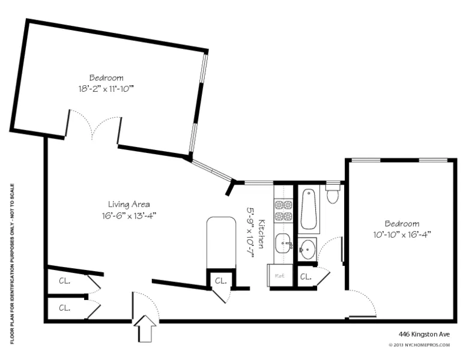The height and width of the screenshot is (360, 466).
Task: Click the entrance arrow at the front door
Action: pos(145,329)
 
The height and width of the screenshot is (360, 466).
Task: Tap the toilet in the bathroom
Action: pos(333,195)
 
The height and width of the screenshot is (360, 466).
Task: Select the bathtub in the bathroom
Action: pos(309,209)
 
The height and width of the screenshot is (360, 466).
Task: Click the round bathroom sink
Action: pos(308,248)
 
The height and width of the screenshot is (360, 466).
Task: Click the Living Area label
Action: pos(129,203)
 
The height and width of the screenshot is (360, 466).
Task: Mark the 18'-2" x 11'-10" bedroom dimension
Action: pos(106,89)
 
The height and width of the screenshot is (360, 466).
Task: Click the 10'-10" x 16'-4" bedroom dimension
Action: pos(402,235)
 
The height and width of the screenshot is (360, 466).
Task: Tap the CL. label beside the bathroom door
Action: pos(305,277)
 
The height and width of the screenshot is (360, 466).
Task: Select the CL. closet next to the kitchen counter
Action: pos(220,280)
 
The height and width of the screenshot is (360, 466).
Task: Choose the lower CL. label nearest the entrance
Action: pos(64,307)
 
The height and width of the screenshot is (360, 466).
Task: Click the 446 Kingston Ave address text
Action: pos(423,334)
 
